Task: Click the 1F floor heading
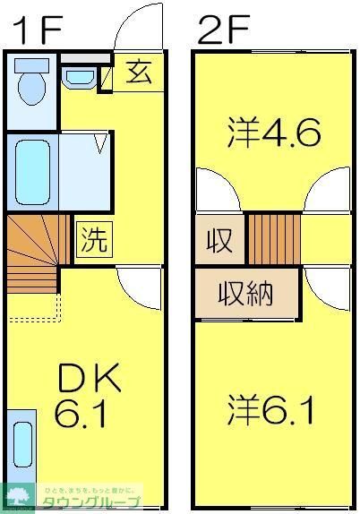pyautogui.click(x=36, y=30)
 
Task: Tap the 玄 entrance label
pyautogui.click(x=138, y=73)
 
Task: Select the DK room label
pyautogui.click(x=89, y=381)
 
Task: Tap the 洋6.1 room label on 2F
pyautogui.click(x=269, y=412)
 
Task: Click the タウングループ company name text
pyautogui.click(x=89, y=502)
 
